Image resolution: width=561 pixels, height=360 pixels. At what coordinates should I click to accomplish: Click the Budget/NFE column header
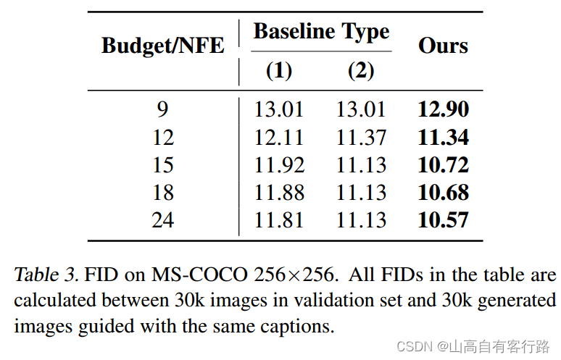coord(162,45)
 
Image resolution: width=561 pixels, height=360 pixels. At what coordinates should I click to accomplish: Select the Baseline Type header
coord(321,31)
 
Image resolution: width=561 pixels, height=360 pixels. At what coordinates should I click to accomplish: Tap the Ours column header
coord(443,45)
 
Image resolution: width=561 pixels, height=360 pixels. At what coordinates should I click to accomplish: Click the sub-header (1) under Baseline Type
coord(279,70)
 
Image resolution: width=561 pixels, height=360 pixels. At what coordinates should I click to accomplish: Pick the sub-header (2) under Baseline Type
coord(361,70)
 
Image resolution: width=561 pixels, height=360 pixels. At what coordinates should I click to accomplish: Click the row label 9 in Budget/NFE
coord(162,109)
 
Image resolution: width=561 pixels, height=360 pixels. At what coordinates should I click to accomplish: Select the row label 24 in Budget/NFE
coord(162,219)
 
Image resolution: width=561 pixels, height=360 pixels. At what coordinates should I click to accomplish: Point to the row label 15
coord(162,164)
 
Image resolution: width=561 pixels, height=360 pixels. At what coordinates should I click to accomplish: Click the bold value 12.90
coord(443,109)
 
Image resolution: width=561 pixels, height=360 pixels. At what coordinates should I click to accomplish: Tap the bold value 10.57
coord(443,219)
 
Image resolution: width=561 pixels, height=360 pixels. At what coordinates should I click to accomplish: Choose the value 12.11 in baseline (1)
coord(279,137)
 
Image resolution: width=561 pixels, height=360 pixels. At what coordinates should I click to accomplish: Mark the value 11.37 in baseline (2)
coord(361,137)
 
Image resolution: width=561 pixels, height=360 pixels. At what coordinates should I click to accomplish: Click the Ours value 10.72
coord(443,164)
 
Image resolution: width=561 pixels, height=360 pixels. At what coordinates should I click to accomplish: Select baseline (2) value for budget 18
coord(361,192)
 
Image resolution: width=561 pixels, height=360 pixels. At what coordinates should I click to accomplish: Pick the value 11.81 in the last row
coord(279,219)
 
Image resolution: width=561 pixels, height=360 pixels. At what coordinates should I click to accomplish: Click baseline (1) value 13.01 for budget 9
coord(279,109)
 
